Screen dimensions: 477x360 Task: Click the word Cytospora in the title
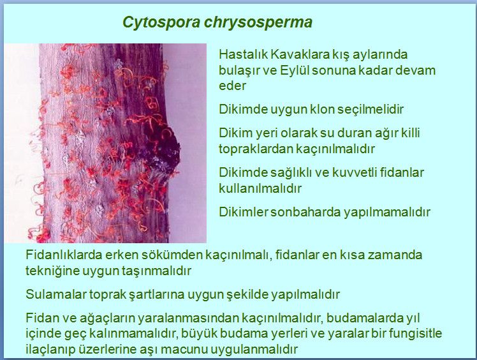[161, 22]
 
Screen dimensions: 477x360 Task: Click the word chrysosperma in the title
[258, 22]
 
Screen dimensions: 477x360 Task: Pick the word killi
[411, 133]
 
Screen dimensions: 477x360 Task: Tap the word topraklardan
[256, 149]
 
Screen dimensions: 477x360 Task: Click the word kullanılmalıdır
[260, 188]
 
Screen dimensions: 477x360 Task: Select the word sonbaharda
[305, 213]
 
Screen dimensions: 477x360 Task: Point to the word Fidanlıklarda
[64, 255]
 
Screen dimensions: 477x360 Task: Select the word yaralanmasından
[188, 319]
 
